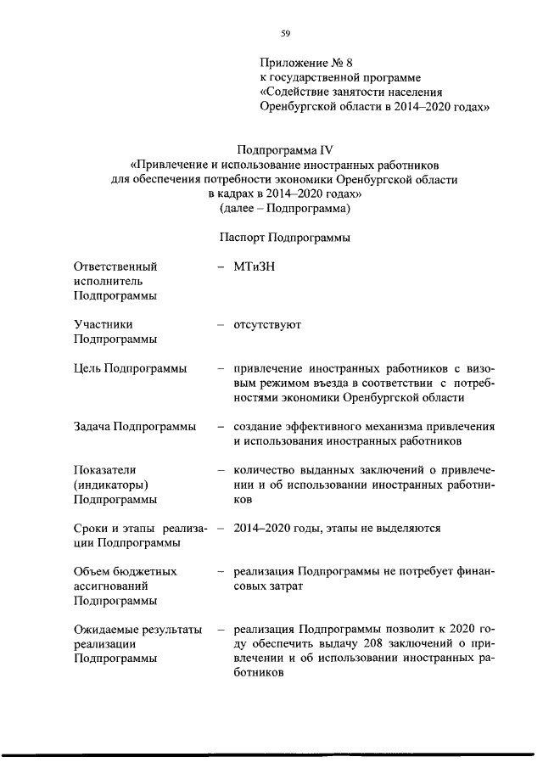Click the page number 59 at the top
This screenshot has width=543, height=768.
[x=285, y=33]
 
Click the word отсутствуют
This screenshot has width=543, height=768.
[x=267, y=324]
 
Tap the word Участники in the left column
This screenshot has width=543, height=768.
[x=102, y=324]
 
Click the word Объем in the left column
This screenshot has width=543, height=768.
[x=94, y=571]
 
